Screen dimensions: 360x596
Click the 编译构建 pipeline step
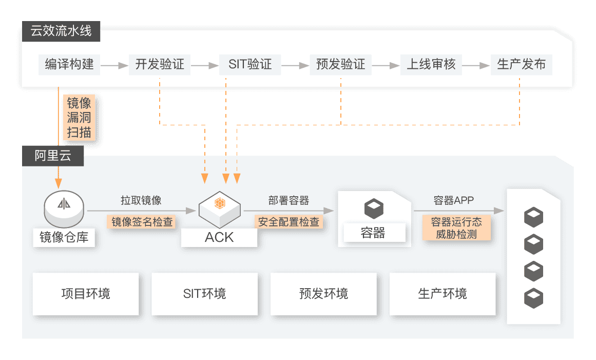(69, 65)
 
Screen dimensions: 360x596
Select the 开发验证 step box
(160, 65)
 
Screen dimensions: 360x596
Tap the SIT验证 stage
(250, 65)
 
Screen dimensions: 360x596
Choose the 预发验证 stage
(340, 65)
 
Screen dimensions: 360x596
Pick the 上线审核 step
(431, 65)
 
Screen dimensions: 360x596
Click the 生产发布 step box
(521, 65)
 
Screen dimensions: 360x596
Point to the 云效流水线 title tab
(61, 31)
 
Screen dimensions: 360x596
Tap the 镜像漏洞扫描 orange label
(79, 118)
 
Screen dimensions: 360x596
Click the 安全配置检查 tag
(289, 222)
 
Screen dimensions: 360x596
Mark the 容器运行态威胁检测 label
(456, 228)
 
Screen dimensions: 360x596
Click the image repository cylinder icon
(64, 209)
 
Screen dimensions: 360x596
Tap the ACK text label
(219, 237)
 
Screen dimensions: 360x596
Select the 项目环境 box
(86, 294)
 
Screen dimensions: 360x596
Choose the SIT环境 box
(204, 294)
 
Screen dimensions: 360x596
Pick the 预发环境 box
(323, 294)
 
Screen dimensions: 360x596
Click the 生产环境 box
(443, 294)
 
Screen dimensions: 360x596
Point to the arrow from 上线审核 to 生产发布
(476, 66)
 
